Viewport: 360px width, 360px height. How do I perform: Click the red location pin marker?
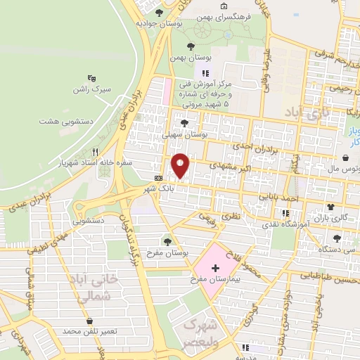[181, 165]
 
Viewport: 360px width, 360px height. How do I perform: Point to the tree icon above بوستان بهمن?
[190, 46]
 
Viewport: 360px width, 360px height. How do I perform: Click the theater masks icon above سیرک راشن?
[91, 78]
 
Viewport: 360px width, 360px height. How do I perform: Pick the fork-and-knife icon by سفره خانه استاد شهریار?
[94, 151]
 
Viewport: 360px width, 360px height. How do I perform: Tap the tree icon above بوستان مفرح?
[167, 241]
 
